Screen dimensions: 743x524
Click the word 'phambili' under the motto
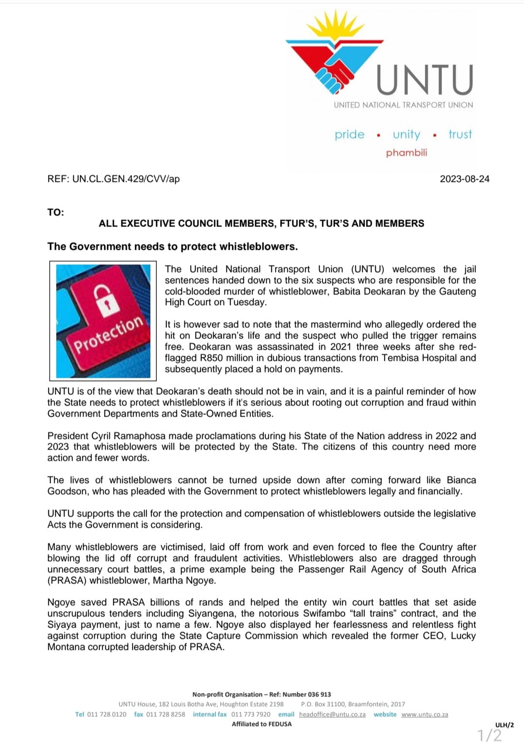[407, 153]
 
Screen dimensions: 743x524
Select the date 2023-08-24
[464, 179]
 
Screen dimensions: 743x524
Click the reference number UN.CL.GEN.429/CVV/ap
[126, 179]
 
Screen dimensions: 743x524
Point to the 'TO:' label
[56, 212]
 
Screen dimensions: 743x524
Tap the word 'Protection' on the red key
[108, 334]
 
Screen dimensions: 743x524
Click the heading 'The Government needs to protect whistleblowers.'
[173, 246]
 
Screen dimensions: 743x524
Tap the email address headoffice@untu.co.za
[332, 714]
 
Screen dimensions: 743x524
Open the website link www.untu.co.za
[425, 714]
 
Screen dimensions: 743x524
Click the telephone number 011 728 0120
[107, 714]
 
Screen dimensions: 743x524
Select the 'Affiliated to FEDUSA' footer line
[262, 724]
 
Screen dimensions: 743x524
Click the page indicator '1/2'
[490, 735]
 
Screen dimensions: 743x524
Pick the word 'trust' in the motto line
[460, 134]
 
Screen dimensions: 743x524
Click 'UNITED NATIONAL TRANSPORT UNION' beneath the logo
[403, 105]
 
